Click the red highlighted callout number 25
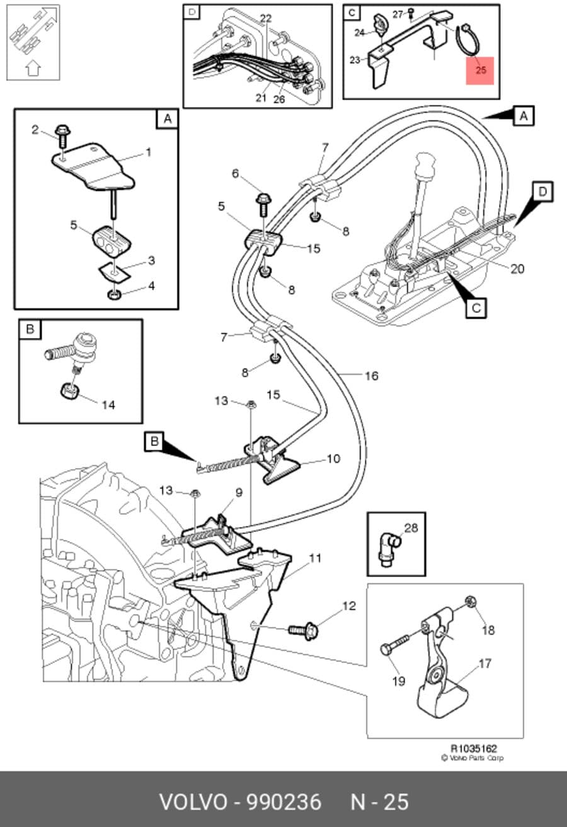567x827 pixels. click(481, 70)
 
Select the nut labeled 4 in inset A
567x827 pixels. click(114, 294)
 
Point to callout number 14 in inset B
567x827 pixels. click(108, 405)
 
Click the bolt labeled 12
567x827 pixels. click(303, 630)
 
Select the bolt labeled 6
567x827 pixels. click(264, 205)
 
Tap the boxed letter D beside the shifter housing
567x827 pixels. click(542, 191)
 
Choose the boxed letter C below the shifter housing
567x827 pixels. click(476, 307)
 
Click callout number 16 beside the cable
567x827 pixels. click(372, 376)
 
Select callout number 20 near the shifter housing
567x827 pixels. click(517, 269)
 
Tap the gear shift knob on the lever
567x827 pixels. click(425, 166)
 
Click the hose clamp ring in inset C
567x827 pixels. click(467, 40)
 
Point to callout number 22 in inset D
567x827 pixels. click(266, 18)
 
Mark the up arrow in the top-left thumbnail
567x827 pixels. click(33, 68)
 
